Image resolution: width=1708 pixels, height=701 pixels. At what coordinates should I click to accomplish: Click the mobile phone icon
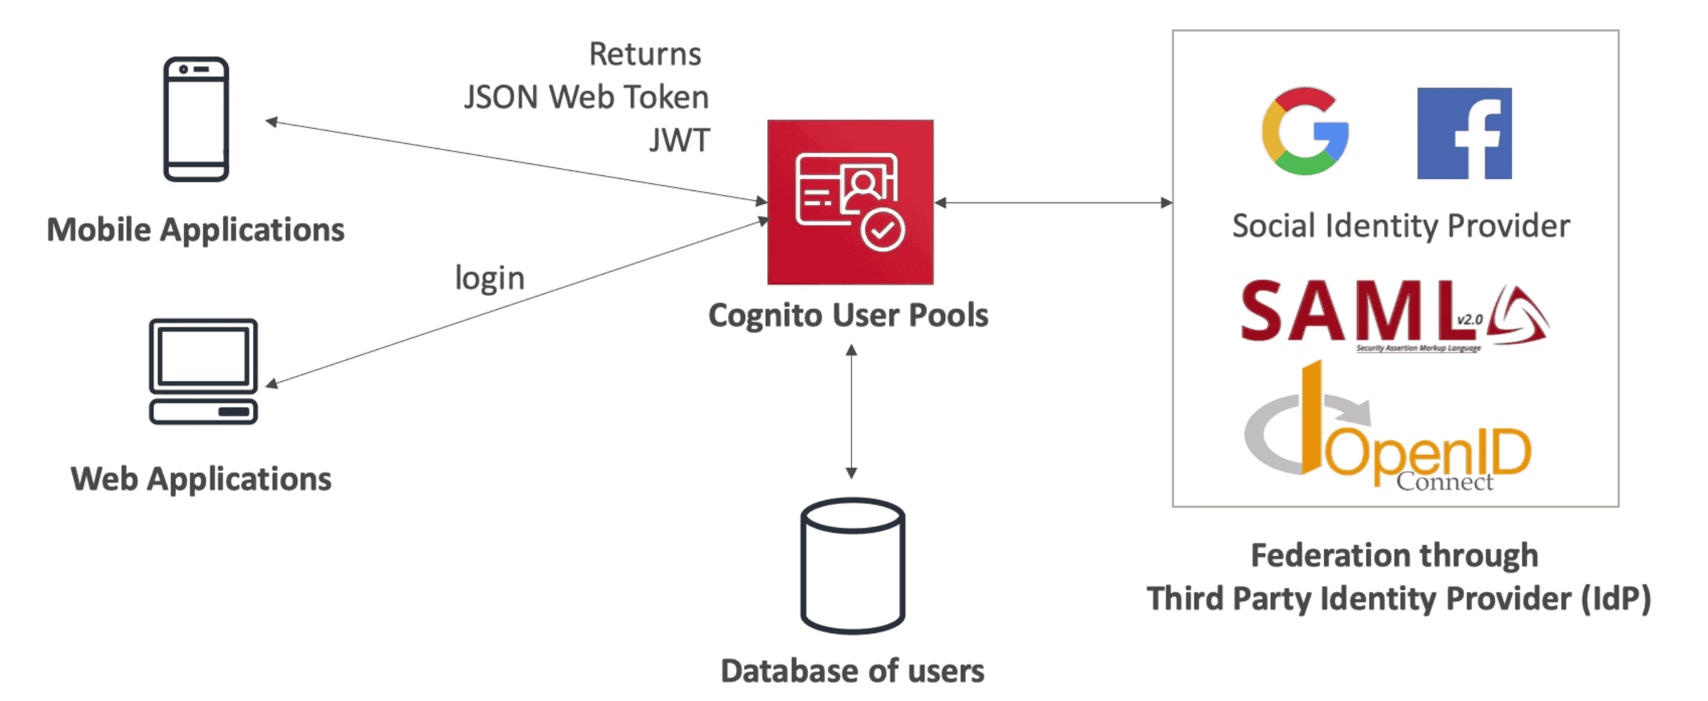(x=196, y=119)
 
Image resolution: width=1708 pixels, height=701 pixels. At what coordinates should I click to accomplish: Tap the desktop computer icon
(x=203, y=371)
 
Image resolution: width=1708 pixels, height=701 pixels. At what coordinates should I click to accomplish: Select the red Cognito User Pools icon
(x=850, y=202)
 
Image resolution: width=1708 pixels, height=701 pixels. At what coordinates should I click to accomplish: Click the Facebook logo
(x=1464, y=133)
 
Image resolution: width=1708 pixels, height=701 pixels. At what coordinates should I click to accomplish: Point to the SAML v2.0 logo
(x=1392, y=313)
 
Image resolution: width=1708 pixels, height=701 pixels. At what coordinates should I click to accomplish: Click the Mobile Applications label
(x=196, y=230)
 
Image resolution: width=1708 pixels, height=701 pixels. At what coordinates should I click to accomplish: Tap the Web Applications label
(x=201, y=479)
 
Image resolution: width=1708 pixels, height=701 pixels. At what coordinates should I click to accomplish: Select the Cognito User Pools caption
(x=848, y=315)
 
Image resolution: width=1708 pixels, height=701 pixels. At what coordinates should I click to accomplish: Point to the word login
(x=489, y=278)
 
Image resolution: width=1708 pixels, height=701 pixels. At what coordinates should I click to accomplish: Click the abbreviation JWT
(x=680, y=140)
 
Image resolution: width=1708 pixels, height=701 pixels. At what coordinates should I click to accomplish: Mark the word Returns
(x=645, y=53)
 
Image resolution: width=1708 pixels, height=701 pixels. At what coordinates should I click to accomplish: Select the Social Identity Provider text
(x=1400, y=226)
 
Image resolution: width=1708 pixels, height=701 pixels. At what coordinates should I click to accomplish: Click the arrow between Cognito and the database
(x=851, y=411)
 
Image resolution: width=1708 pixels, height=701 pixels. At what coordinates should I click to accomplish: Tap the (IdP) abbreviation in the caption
(x=1615, y=599)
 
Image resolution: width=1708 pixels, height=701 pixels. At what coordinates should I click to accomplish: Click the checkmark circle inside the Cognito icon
(x=882, y=230)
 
